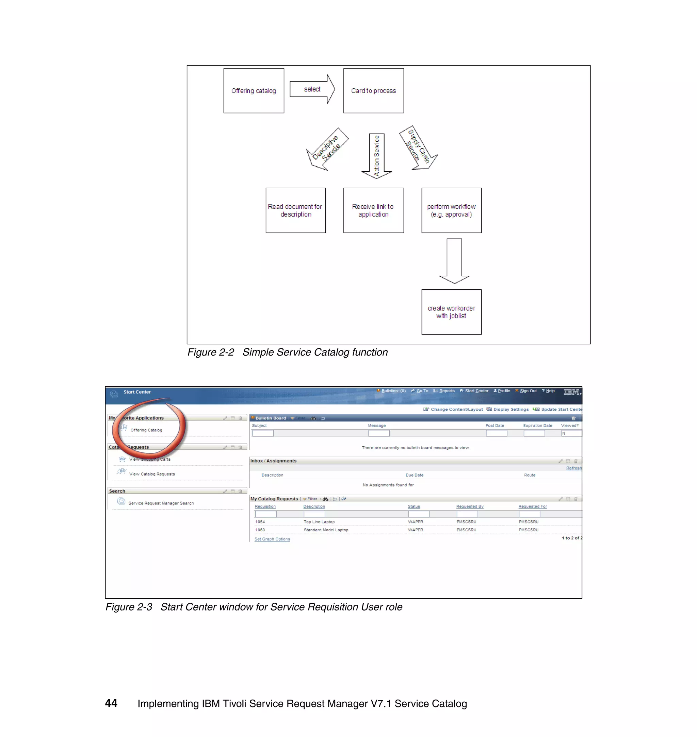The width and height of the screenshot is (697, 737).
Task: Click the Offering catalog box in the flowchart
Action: [x=254, y=90]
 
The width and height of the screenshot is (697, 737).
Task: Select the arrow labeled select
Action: [x=312, y=89]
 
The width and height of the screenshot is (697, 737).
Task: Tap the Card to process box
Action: [x=373, y=90]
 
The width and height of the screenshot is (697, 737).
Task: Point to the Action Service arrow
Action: [x=377, y=155]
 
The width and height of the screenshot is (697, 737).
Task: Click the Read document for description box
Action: [x=296, y=210]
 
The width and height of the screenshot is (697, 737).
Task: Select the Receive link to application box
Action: [x=373, y=210]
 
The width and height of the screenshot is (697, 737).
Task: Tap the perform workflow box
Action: [x=451, y=210]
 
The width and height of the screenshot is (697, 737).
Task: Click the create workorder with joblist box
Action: [x=451, y=312]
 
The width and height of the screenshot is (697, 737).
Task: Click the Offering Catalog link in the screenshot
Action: [x=146, y=430]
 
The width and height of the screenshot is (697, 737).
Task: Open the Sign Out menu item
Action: [x=528, y=391]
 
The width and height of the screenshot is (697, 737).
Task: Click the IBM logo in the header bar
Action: [x=571, y=392]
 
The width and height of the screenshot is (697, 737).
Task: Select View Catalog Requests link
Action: [x=151, y=474]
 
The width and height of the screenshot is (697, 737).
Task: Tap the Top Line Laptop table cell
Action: [x=319, y=522]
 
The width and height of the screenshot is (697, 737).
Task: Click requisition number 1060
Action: [x=260, y=530]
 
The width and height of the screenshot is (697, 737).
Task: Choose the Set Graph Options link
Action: [x=272, y=539]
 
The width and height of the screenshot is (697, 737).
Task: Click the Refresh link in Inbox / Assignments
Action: [x=573, y=468]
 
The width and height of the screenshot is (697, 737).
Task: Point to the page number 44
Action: [x=111, y=703]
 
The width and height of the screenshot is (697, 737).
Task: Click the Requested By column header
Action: [x=470, y=507]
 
